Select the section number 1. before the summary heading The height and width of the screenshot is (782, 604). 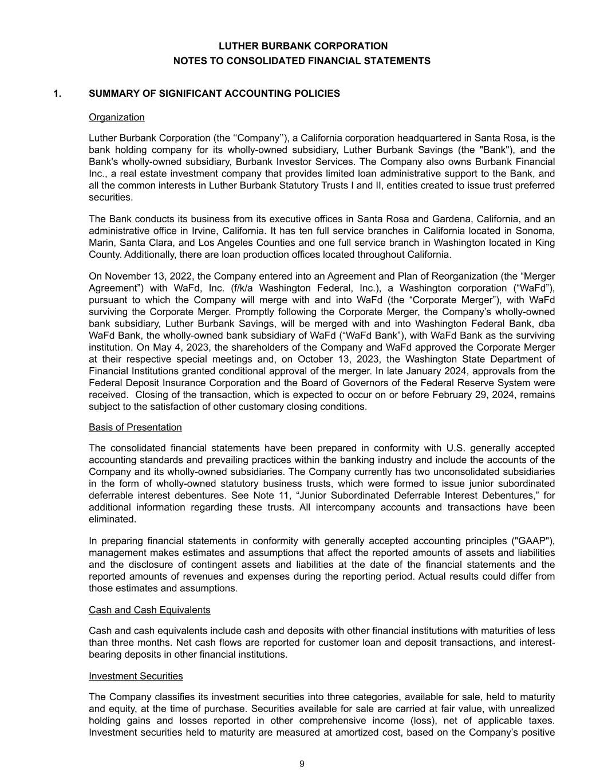click(x=57, y=93)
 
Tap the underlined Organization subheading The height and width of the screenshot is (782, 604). click(x=117, y=117)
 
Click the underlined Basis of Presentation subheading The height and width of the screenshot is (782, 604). click(x=135, y=427)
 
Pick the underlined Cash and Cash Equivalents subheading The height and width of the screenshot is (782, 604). click(x=149, y=610)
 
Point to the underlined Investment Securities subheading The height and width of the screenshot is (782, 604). click(x=136, y=677)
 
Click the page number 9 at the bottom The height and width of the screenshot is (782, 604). click(x=302, y=764)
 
